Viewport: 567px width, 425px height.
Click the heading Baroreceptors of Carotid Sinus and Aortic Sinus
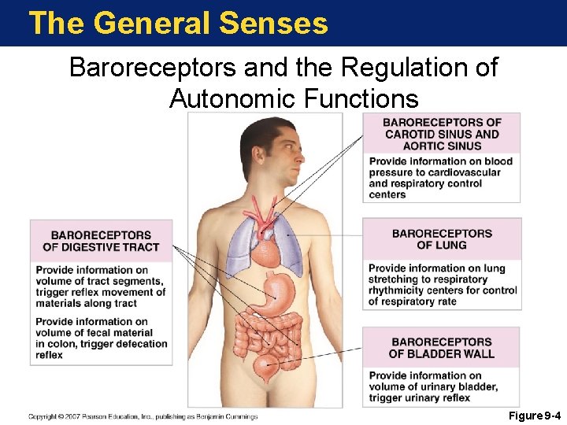click(442, 134)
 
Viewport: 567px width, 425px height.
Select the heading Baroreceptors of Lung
click(442, 239)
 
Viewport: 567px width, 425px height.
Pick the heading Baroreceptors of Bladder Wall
click(442, 348)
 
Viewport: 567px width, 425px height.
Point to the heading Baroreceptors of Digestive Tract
click(101, 241)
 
